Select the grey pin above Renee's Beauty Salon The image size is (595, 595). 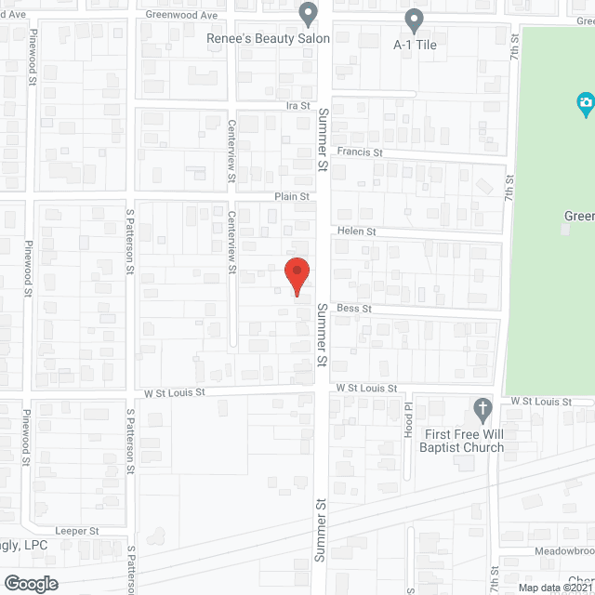(309, 14)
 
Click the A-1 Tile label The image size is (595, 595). (415, 44)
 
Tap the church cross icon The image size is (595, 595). (482, 409)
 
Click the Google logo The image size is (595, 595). (30, 583)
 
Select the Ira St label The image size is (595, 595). (297, 107)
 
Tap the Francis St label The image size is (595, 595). (360, 152)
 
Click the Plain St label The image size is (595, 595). (291, 197)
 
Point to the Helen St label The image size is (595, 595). (356, 231)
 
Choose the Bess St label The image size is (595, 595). (354, 308)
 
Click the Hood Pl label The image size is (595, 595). (407, 416)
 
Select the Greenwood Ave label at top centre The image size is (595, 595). (181, 16)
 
